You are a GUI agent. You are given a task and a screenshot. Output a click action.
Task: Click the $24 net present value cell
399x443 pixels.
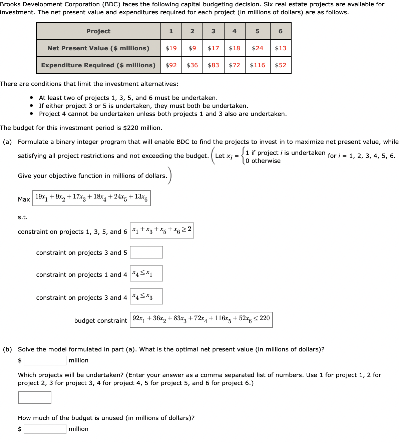tap(257, 48)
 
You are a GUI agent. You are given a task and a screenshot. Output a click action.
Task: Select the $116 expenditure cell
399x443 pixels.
tap(257, 65)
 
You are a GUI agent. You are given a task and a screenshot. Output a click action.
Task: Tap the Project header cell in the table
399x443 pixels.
tap(98, 31)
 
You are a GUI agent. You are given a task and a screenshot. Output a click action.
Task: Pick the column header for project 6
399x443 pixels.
tap(280, 31)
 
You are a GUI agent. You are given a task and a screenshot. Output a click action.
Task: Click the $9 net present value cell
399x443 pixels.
tap(192, 48)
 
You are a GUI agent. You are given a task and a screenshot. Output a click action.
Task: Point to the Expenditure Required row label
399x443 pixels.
tap(98, 65)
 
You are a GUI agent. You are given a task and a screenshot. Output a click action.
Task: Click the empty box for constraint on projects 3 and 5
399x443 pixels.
tap(146, 252)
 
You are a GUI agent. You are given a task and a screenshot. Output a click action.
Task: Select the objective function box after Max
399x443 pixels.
tap(91, 198)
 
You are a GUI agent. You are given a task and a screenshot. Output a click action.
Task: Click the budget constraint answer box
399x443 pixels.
tap(201, 320)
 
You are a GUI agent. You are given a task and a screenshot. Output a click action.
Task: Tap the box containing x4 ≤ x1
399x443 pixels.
tap(146, 273)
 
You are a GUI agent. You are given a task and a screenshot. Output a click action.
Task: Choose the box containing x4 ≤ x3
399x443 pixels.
tap(146, 296)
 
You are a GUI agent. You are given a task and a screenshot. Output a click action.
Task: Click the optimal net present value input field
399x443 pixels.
tap(45, 360)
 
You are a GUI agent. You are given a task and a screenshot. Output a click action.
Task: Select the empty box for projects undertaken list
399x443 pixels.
tap(35, 398)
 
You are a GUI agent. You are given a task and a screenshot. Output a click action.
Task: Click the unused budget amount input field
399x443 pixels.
tap(45, 429)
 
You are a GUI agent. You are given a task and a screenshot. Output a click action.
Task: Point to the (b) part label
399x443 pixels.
tap(7, 349)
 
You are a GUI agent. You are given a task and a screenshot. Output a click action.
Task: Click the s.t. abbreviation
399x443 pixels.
tap(23, 217)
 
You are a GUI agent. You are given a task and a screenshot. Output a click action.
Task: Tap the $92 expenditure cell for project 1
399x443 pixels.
tap(171, 65)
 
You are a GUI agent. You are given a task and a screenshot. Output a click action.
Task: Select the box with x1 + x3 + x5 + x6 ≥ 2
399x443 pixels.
tap(162, 230)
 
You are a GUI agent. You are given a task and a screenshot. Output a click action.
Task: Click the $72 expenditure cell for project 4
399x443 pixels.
tap(235, 65)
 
